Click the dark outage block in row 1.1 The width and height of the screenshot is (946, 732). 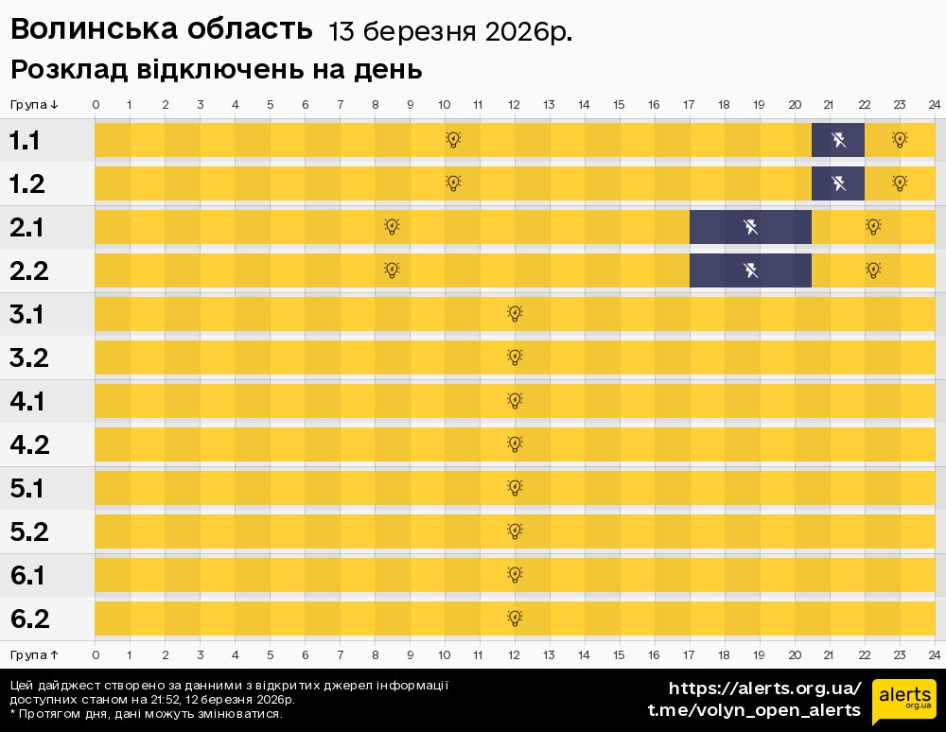pos(837,140)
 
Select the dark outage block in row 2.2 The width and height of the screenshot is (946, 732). pos(750,270)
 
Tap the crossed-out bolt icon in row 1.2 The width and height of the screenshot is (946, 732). pos(838,183)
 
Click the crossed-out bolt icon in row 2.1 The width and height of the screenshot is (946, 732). pos(750,227)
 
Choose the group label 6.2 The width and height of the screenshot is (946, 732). pos(29,619)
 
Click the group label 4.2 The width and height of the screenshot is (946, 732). pos(29,444)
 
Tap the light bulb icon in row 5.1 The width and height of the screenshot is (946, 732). pos(515,488)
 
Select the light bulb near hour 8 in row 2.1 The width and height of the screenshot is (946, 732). pos(392,227)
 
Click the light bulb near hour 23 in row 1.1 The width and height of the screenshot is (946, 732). pos(900,140)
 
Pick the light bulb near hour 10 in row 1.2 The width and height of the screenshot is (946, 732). pos(453,183)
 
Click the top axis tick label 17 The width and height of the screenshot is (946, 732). pos(689,104)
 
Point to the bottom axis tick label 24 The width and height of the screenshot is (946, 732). pos(934,654)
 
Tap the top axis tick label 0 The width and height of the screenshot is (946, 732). pos(96,104)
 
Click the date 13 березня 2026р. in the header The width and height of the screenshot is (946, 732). pos(449,32)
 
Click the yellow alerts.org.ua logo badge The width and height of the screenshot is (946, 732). pos(903,701)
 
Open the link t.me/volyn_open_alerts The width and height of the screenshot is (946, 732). pos(754,710)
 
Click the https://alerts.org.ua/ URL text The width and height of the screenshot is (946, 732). pos(764,688)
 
